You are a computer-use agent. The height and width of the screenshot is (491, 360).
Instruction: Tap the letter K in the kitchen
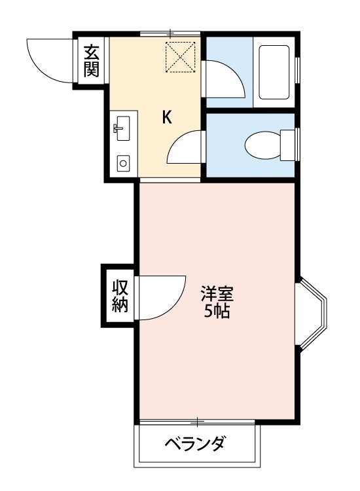tap(167, 118)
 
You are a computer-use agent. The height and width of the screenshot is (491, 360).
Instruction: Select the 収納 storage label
tap(119, 295)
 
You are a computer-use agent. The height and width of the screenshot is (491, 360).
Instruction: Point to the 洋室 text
tap(216, 293)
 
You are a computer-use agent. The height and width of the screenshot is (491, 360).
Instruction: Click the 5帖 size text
tap(216, 311)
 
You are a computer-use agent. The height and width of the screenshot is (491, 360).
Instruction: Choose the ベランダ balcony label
tap(194, 446)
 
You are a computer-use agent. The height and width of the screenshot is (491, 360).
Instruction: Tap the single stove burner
tap(122, 163)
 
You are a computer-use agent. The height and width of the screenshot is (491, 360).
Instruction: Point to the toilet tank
tap(287, 145)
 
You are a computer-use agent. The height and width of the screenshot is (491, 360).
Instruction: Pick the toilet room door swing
tap(187, 147)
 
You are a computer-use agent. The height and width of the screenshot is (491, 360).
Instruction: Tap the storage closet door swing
tap(157, 298)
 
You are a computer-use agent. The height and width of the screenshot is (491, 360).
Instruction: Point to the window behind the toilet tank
tap(298, 144)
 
